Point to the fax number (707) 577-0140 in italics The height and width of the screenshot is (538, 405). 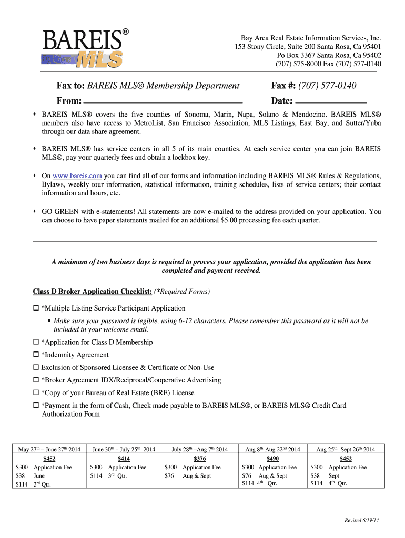pyautogui.click(x=327, y=86)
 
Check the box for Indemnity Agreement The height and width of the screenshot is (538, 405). pyautogui.click(x=36, y=355)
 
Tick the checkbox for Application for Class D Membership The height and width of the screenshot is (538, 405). pyautogui.click(x=36, y=343)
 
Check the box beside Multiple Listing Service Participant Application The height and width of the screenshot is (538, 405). pyautogui.click(x=36, y=308)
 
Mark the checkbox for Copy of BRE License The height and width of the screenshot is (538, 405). pyautogui.click(x=36, y=393)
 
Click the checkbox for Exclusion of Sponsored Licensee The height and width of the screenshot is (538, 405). pyautogui.click(x=36, y=368)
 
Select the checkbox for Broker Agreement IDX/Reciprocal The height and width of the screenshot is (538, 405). pyautogui.click(x=36, y=380)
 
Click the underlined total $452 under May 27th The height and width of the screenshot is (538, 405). pyautogui.click(x=49, y=459)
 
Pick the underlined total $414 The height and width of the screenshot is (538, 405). pyautogui.click(x=124, y=459)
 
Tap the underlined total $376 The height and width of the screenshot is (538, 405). pyautogui.click(x=198, y=459)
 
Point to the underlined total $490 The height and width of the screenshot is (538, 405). pyautogui.click(x=272, y=459)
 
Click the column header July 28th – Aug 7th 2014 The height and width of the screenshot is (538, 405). pyautogui.click(x=199, y=449)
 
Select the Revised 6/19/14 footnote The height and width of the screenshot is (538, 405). pyautogui.click(x=362, y=520)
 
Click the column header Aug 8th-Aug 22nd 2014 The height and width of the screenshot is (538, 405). pyautogui.click(x=272, y=449)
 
